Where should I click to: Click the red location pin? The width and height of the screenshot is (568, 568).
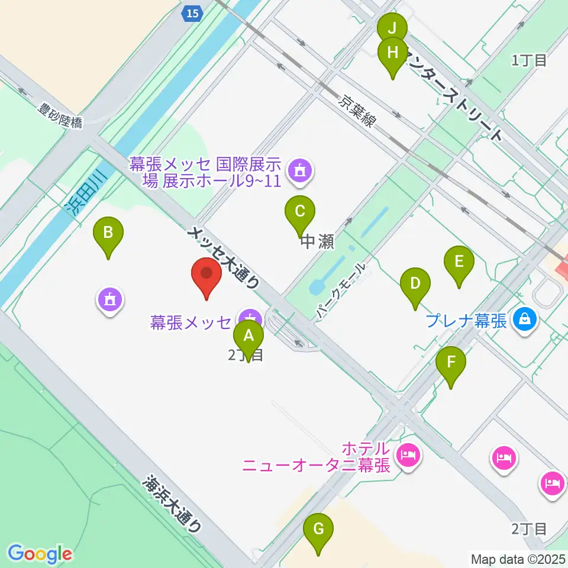pyautogui.click(x=206, y=274)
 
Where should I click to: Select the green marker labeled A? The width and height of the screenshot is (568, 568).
pyautogui.click(x=248, y=337)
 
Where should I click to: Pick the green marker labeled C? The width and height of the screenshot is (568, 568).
pyautogui.click(x=300, y=211)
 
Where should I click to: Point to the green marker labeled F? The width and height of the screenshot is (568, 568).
pyautogui.click(x=451, y=363)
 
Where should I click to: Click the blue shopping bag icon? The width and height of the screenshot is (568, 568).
pyautogui.click(x=525, y=320)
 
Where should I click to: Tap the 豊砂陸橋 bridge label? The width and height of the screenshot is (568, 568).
pyautogui.click(x=60, y=116)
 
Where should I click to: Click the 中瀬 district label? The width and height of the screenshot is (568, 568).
pyautogui.click(x=318, y=242)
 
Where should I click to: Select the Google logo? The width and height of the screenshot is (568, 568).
pyautogui.click(x=40, y=554)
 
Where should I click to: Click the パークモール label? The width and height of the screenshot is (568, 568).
pyautogui.click(x=341, y=293)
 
